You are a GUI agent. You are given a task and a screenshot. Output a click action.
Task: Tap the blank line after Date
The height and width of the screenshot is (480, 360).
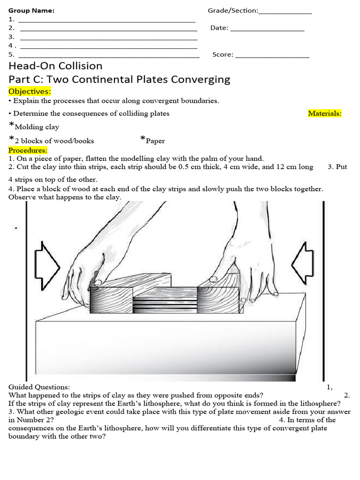[x=267, y=30]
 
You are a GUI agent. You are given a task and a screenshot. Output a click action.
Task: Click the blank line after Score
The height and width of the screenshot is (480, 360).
[x=272, y=57]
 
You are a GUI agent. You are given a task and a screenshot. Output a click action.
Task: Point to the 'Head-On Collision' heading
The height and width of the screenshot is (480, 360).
[x=55, y=66]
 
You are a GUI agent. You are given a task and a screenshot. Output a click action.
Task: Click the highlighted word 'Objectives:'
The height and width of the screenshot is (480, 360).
[x=30, y=91]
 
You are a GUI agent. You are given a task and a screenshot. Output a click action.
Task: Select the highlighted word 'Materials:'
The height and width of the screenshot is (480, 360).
[x=324, y=113]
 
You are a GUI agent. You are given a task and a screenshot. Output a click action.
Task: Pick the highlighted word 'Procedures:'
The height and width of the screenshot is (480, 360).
[x=28, y=150]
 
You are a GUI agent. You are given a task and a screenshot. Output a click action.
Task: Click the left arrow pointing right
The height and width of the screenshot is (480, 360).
[x=47, y=265]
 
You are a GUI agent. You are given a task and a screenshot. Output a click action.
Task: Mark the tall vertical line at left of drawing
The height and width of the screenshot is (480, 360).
[x=27, y=291]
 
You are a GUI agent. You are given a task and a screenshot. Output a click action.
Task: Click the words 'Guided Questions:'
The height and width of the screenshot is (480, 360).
[x=39, y=387]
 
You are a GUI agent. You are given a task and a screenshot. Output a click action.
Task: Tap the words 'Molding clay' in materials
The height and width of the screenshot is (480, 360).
[x=37, y=127]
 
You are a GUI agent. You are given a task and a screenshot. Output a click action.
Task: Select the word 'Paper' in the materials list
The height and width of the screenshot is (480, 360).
[x=155, y=141]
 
